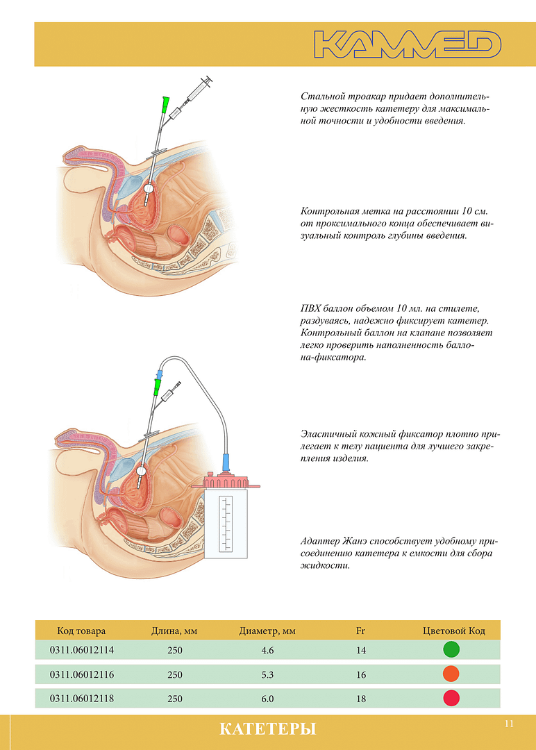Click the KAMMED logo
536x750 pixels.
tap(408, 44)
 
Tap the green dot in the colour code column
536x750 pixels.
tap(451, 649)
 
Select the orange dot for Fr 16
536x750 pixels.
tap(451, 674)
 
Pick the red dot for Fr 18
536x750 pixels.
tap(451, 699)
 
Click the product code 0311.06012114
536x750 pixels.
tap(82, 650)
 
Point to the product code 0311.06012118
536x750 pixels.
tap(82, 699)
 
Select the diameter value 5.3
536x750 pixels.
tap(267, 674)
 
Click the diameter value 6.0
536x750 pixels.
tap(267, 699)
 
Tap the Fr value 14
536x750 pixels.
tap(361, 650)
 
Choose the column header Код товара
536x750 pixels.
tap(81, 631)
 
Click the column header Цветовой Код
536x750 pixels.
tap(454, 631)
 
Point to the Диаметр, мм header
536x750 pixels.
tap(267, 631)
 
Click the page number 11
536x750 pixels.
tap(509, 724)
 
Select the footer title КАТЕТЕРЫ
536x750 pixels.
tap(268, 729)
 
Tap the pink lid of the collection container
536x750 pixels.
tap(225, 481)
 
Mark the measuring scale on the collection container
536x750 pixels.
tap(226, 523)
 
